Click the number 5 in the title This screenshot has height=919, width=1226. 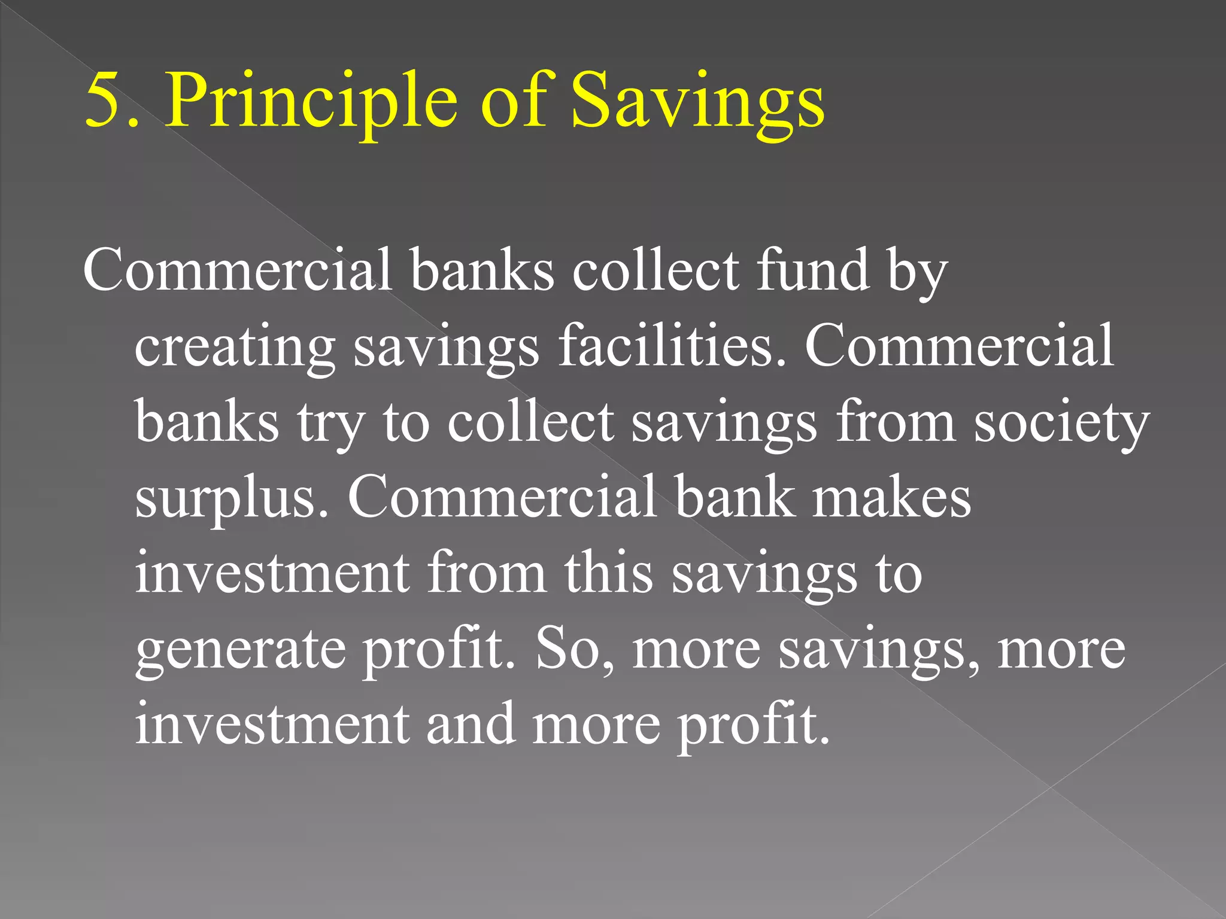pos(103,101)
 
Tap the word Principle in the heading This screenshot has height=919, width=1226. pos(311,101)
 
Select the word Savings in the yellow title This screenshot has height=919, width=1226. pos(698,101)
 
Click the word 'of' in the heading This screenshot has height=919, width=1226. pos(514,101)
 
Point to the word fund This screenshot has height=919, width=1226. pos(812,270)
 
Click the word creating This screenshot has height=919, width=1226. pos(234,347)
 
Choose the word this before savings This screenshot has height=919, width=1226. pos(608,573)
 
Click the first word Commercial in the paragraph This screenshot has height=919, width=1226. pos(237,270)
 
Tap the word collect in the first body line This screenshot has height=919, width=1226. pos(656,270)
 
